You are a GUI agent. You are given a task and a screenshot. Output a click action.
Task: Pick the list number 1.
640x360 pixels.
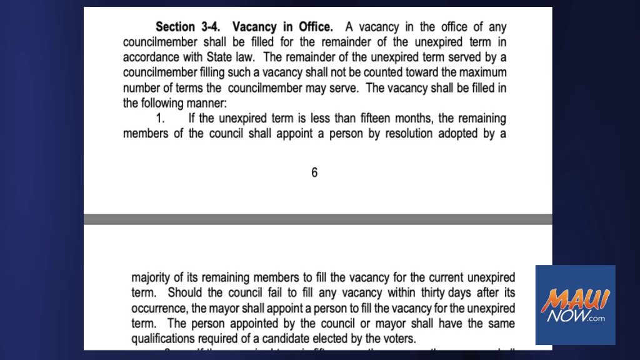tap(161, 118)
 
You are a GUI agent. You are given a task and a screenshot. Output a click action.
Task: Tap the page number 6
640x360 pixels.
tap(314, 173)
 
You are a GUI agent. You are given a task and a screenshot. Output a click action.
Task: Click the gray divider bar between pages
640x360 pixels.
tap(318, 219)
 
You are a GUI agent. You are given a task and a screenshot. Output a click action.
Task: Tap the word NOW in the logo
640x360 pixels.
tap(565, 318)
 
